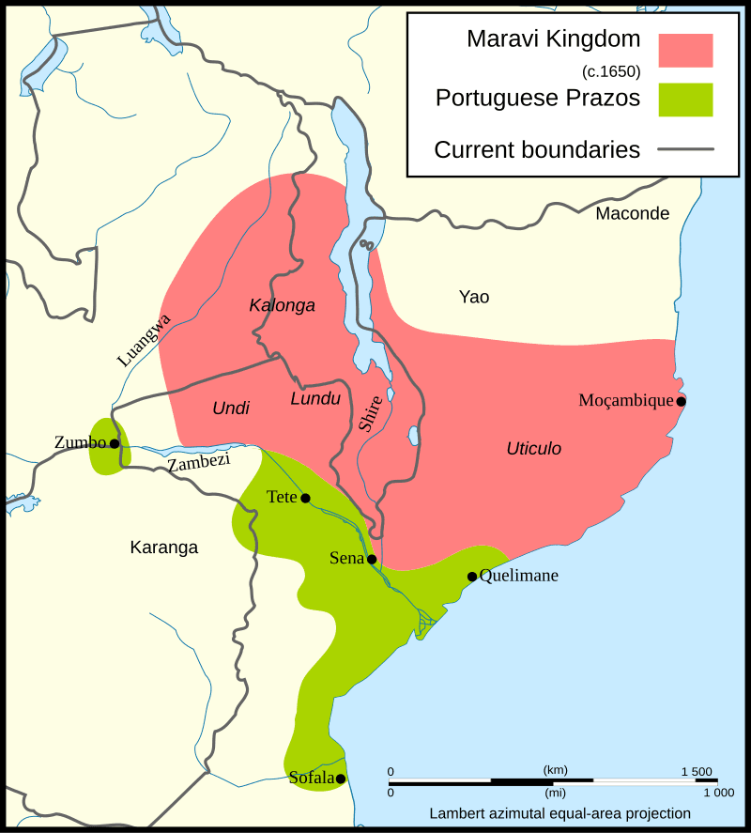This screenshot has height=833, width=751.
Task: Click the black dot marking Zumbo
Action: coord(115,443)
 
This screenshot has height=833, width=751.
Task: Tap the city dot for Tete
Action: coord(305,498)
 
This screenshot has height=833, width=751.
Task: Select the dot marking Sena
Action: coord(372,559)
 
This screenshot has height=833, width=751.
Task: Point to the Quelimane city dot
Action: coord(472,577)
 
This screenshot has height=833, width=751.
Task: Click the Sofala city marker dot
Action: coord(341,779)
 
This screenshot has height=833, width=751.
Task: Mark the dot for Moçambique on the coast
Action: coord(682,402)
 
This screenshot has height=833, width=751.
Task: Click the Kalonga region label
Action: coord(282,305)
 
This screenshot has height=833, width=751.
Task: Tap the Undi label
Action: coord(231,408)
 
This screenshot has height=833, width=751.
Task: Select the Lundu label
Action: coord(314,399)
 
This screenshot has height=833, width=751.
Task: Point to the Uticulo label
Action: coord(533,449)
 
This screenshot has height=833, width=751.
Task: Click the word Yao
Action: coord(474,298)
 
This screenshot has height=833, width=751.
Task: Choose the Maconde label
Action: coord(632,213)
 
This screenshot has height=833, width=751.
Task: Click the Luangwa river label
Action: coord(144,340)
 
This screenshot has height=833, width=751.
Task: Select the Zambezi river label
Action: coord(198,462)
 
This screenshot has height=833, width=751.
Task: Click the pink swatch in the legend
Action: coord(685,50)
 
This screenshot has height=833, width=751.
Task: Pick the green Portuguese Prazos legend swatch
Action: coord(685,100)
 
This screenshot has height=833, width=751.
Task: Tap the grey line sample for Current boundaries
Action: coord(685,149)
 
